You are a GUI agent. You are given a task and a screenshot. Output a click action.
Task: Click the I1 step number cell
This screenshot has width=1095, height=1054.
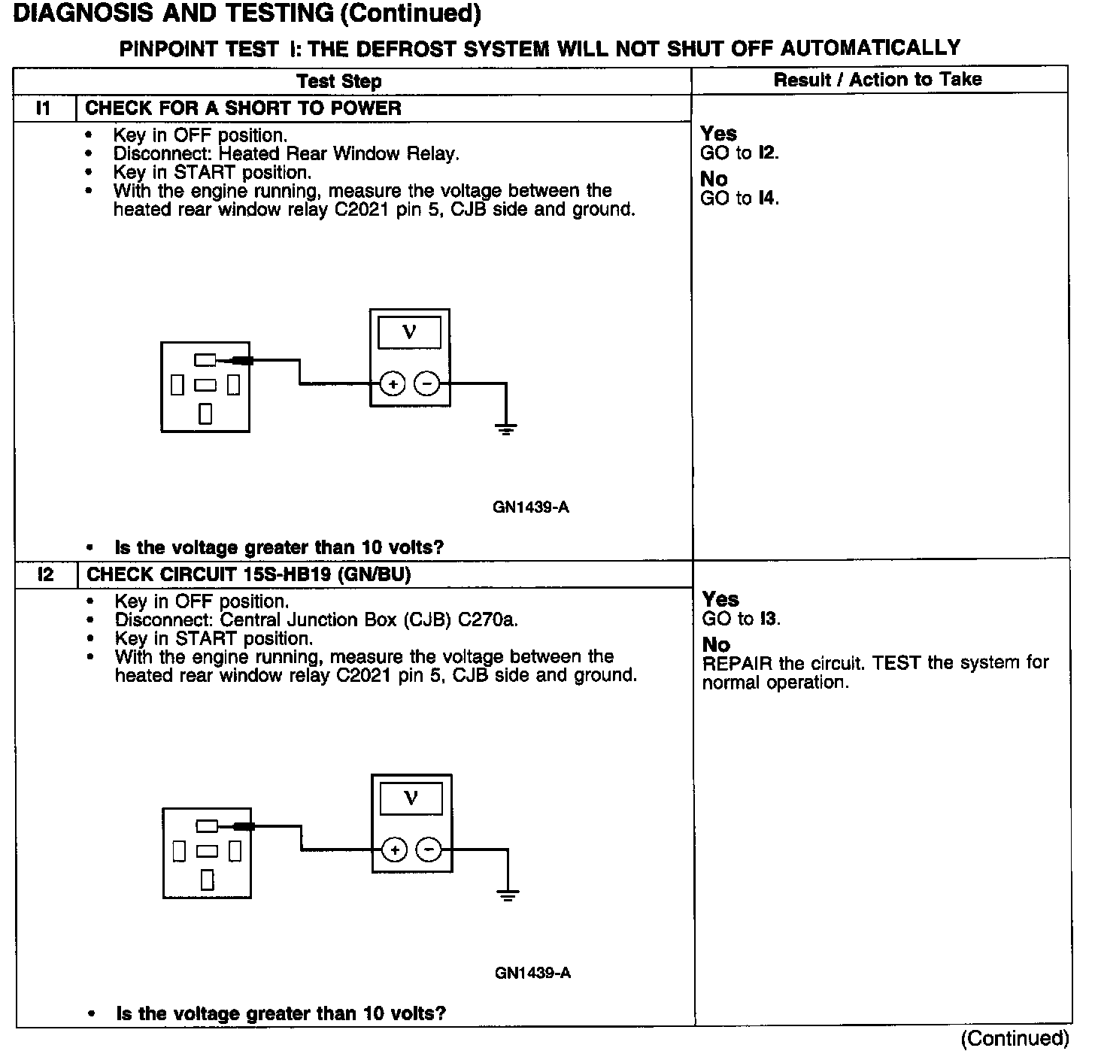44,108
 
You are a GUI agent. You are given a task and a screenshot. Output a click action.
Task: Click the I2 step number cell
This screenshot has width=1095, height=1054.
46,574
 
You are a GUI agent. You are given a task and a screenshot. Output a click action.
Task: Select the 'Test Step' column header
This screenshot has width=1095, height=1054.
338,81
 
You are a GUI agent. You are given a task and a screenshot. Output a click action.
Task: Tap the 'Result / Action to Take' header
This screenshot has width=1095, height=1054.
878,80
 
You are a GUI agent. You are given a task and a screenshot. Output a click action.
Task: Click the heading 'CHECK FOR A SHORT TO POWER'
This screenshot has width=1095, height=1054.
243,108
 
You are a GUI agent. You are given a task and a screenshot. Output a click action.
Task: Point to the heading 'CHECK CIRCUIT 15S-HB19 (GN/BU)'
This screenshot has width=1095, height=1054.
249,574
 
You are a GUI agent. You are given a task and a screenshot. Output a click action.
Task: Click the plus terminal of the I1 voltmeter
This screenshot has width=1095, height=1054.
393,384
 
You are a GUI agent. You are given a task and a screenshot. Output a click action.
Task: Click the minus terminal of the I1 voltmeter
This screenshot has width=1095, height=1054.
426,384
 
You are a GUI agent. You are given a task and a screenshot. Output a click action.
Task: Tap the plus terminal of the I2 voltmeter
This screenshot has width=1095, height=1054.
395,850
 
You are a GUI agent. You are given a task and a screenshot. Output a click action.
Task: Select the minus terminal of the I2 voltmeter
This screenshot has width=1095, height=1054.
429,850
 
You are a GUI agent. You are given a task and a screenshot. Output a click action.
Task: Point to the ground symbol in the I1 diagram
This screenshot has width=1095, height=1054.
506,430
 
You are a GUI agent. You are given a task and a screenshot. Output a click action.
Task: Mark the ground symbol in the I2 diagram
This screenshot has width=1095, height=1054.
508,895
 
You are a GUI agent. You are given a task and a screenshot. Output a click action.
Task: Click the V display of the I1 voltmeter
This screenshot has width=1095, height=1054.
410,332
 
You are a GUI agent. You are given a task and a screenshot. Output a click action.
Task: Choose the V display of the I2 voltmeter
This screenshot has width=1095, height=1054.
411,798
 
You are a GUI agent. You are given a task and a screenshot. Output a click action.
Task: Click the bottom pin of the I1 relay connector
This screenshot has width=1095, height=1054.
205,413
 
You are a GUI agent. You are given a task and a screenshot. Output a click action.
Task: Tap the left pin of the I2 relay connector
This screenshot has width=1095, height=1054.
179,851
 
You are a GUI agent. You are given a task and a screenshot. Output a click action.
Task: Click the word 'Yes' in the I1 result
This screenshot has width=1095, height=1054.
718,134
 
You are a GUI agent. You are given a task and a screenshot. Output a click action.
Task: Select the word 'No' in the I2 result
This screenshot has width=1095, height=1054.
716,645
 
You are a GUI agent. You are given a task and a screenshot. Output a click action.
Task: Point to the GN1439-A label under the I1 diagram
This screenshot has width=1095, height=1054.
531,507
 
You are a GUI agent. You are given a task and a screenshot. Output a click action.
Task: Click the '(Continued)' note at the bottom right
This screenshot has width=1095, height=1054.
1015,1038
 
